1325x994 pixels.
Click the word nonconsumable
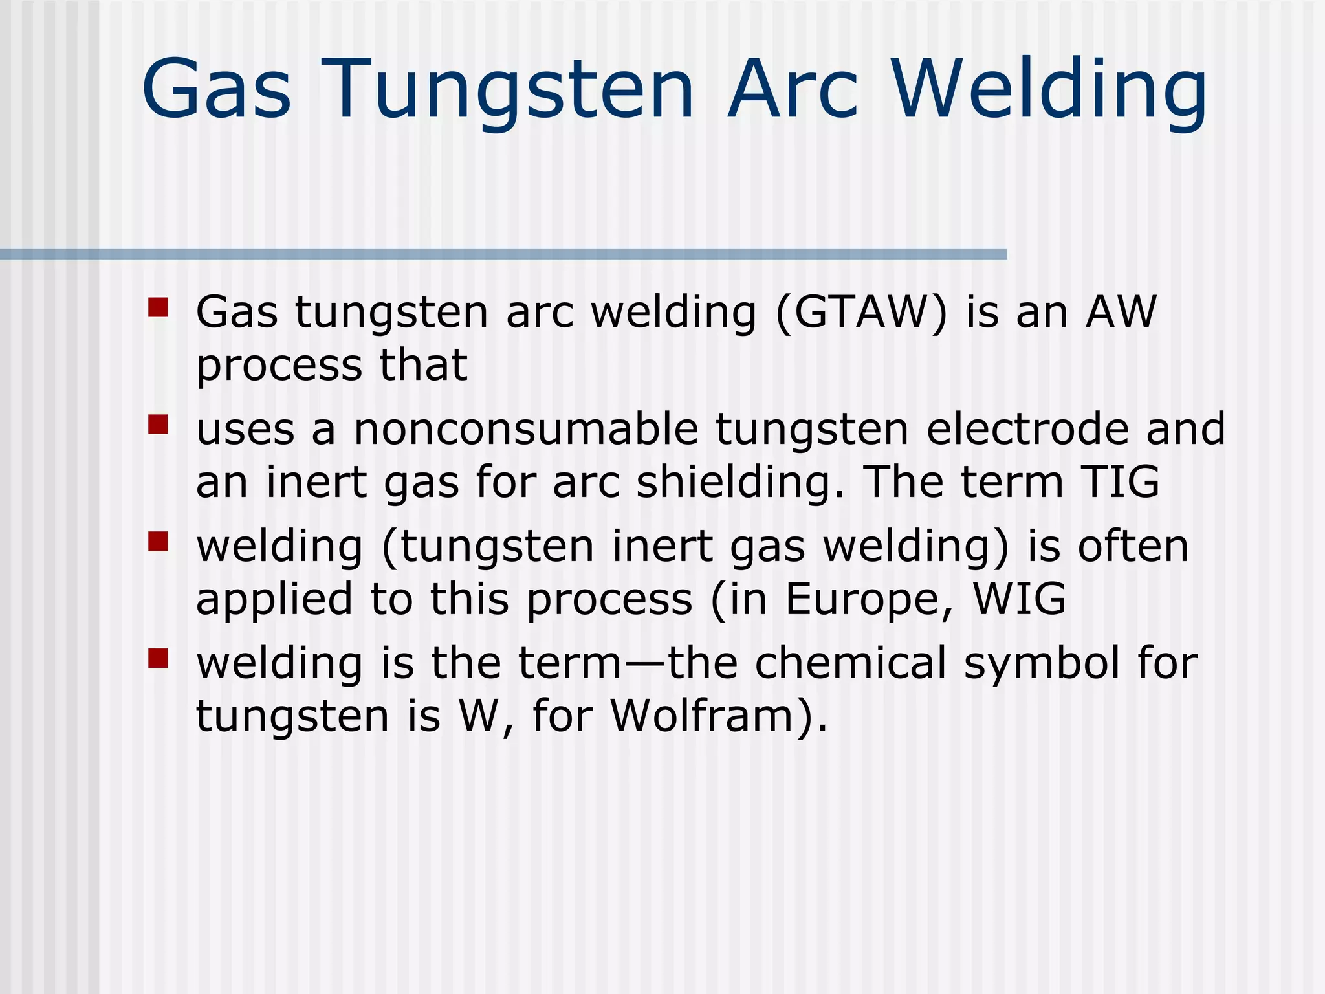tap(526, 430)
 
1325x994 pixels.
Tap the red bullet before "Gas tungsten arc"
tap(158, 307)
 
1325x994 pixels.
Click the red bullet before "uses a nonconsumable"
tap(158, 424)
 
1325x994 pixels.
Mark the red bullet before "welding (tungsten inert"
tap(158, 541)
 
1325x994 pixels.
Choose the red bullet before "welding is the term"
tap(158, 658)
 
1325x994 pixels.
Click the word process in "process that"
tap(279, 367)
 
